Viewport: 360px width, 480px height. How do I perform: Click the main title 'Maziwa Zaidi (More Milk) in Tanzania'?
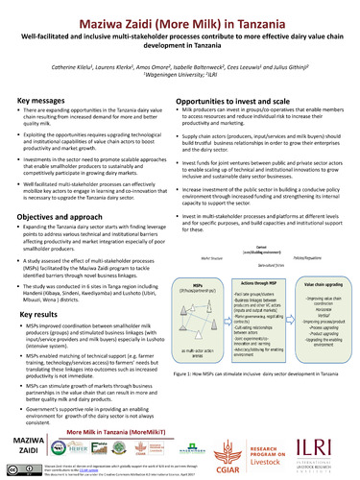click(x=180, y=13)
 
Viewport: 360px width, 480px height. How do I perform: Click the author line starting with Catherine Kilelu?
click(x=180, y=67)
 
